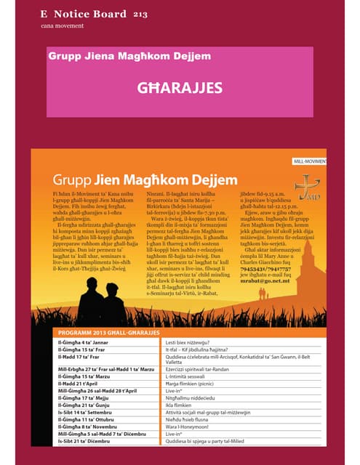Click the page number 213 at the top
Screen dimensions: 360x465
[140, 14]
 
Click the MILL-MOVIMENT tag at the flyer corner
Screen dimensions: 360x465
[308, 161]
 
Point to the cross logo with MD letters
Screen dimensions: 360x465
[308, 187]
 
